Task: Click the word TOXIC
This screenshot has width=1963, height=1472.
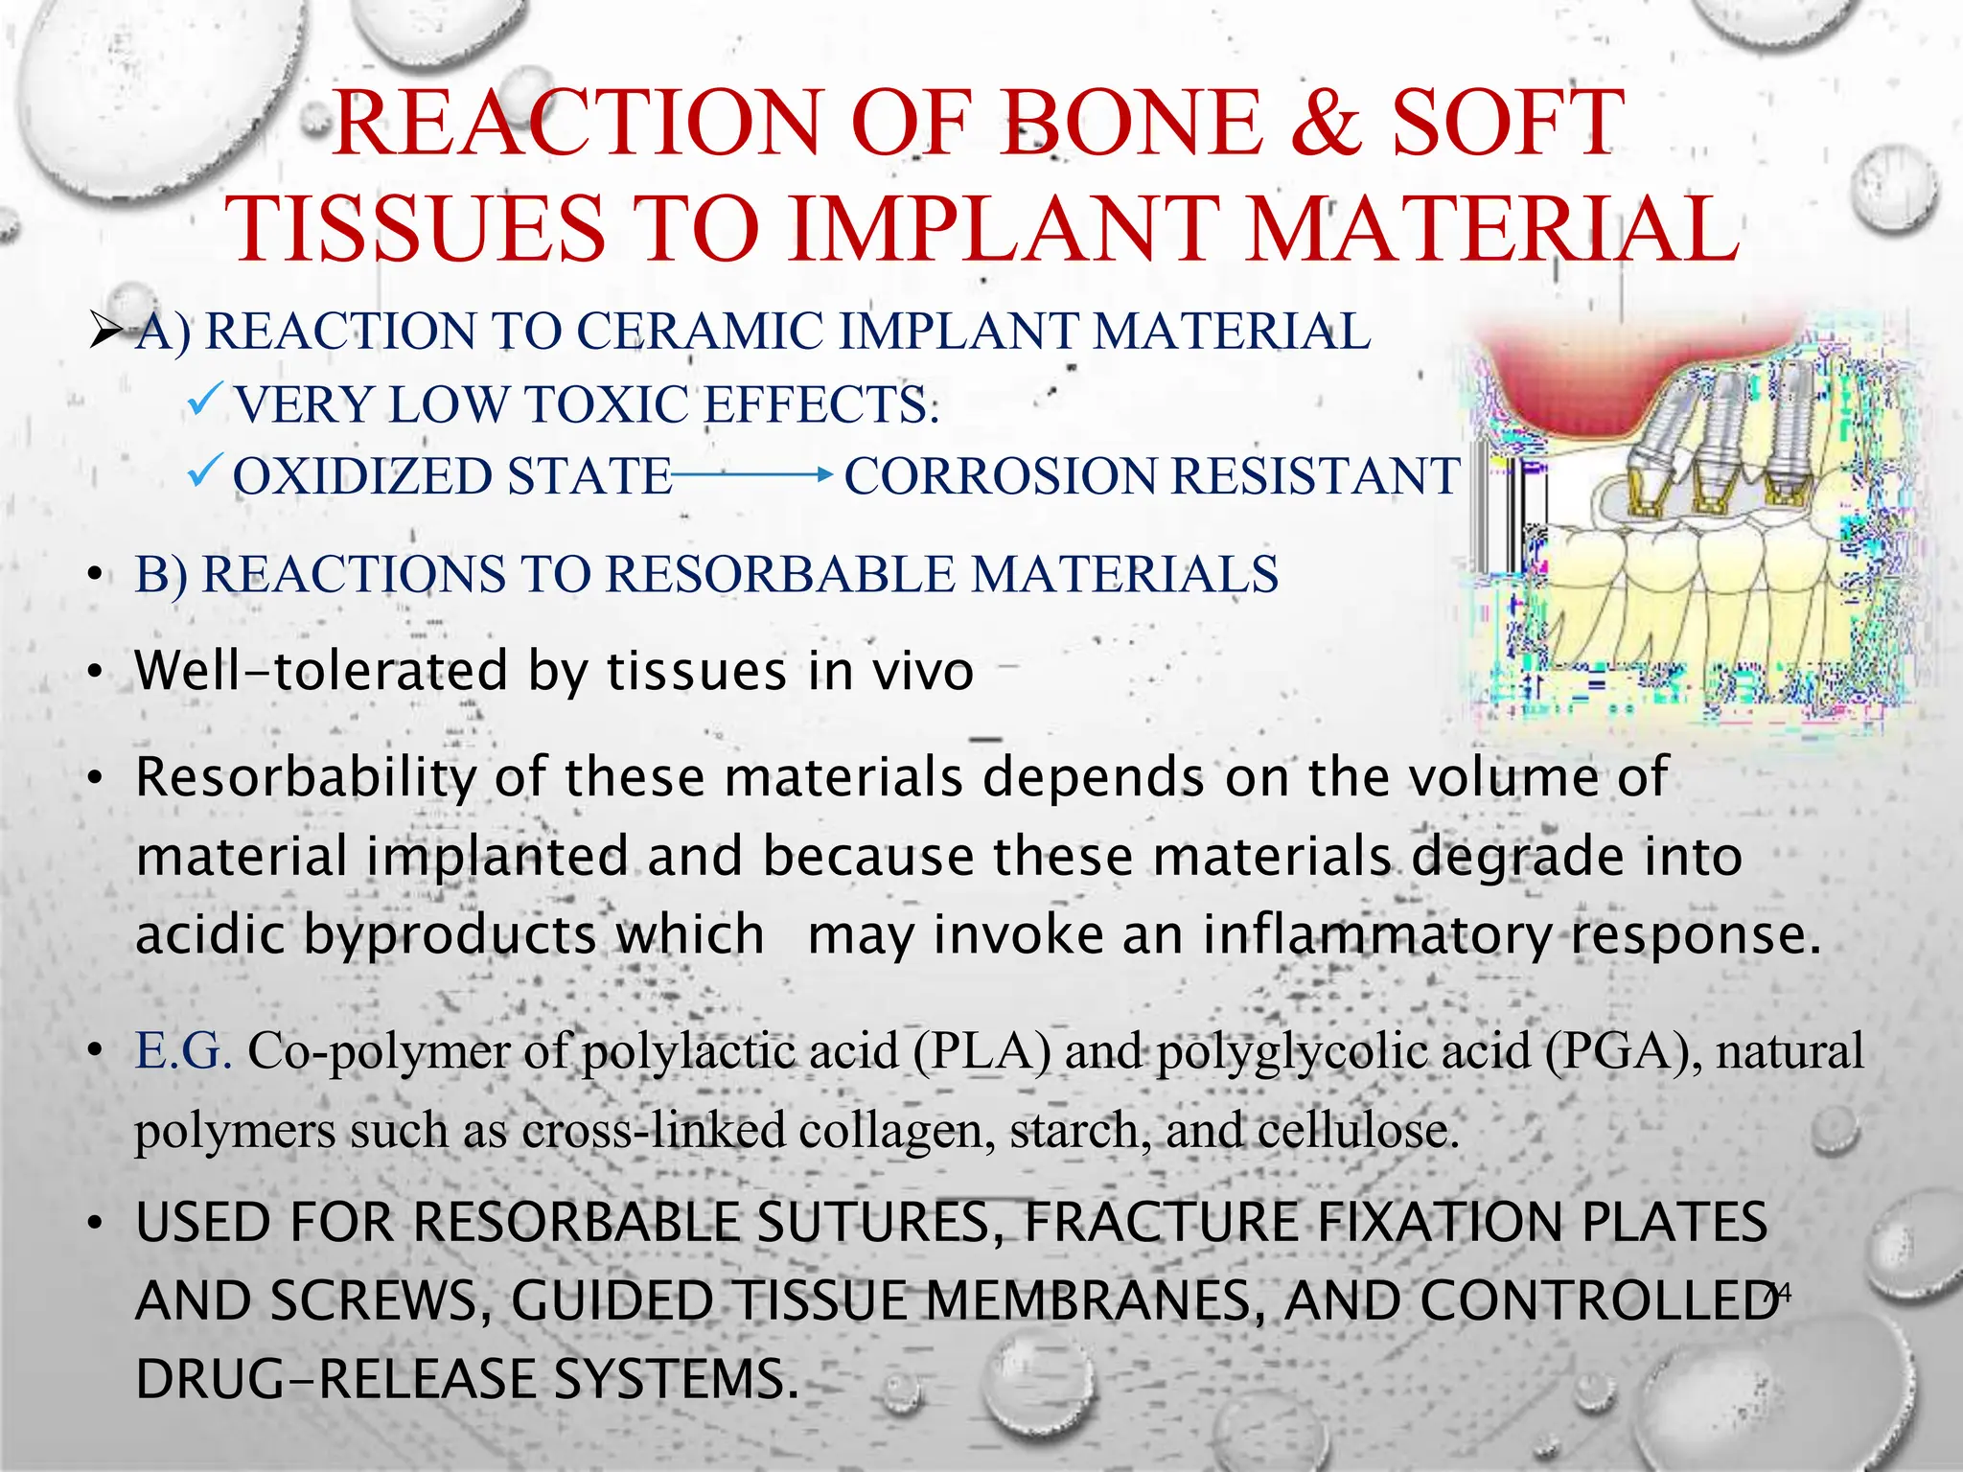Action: click(x=607, y=404)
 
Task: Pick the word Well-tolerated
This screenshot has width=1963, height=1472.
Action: click(x=321, y=671)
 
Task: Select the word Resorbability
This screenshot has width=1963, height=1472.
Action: click(x=306, y=778)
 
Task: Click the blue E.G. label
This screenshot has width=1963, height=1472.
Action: click(x=184, y=1051)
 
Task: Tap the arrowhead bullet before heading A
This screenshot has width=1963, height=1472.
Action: click(x=105, y=333)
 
